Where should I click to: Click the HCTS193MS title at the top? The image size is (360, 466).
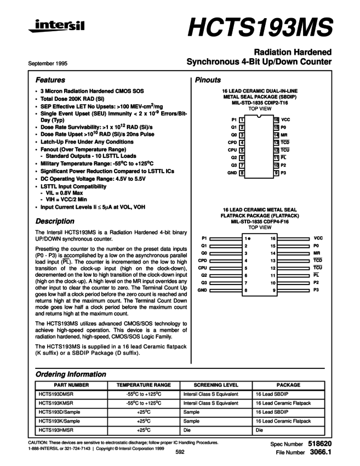tap(260, 26)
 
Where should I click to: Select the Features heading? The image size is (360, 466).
tap(50, 80)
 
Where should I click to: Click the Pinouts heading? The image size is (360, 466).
tap(208, 80)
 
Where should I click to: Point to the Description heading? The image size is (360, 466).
tap(55, 221)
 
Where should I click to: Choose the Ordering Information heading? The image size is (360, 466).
tap(71, 374)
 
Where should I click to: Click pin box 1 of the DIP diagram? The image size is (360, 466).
tap(242, 119)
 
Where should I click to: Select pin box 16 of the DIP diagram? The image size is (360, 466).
tap(276, 119)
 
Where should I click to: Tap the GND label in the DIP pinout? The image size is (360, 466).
tap(232, 173)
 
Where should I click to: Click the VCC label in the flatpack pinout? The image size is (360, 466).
tap(318, 238)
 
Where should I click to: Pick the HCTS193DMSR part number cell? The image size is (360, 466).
tap(55, 394)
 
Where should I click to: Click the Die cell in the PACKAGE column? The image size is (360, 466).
tap(260, 431)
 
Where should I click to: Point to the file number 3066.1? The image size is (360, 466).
tap(321, 453)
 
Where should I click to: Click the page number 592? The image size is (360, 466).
tap(180, 453)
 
